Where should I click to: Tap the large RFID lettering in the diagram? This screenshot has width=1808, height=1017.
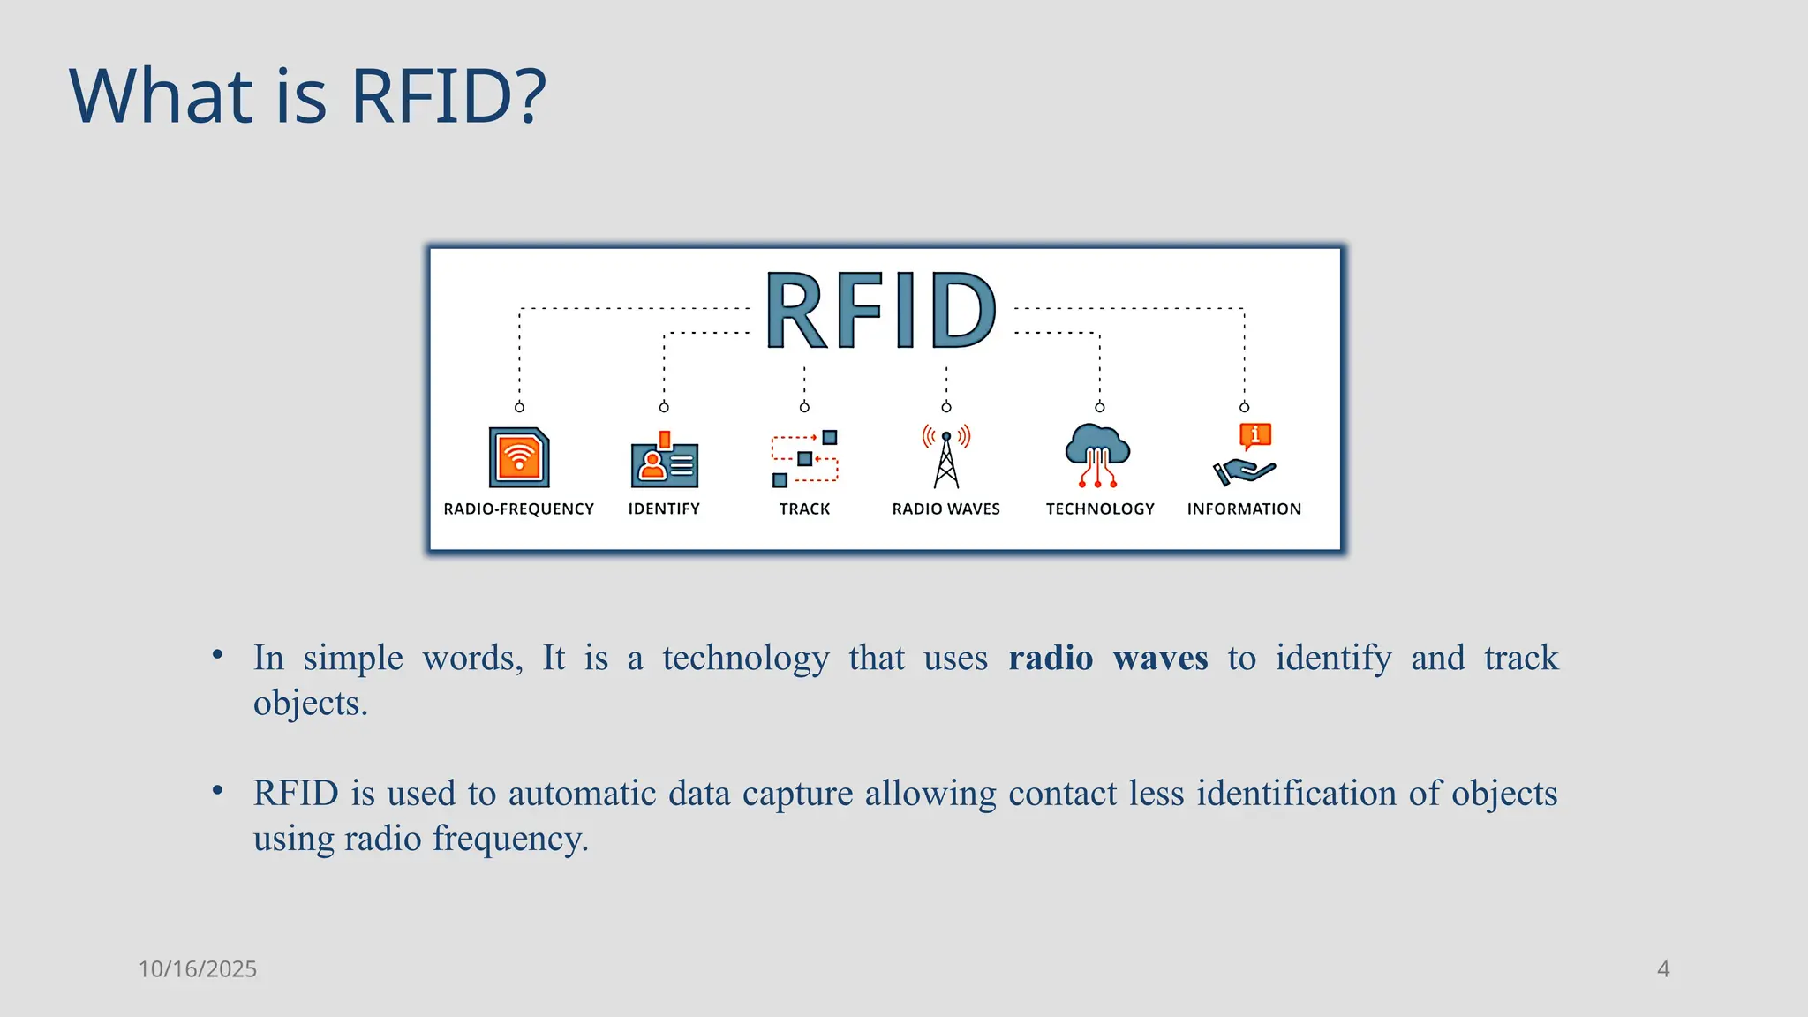tap(881, 311)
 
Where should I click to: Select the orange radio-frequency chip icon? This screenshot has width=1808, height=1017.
tap(519, 457)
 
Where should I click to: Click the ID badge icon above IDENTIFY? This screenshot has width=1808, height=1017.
tap(664, 461)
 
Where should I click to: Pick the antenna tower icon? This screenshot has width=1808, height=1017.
tap(946, 457)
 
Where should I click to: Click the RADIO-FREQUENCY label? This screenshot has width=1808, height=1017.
tap(518, 509)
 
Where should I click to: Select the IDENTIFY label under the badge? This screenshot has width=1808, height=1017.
tap(664, 509)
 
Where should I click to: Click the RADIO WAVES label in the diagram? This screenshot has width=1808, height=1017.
tap(945, 509)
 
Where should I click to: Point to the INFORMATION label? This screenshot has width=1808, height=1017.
tap(1244, 509)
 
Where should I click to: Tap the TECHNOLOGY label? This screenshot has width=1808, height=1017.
tap(1100, 509)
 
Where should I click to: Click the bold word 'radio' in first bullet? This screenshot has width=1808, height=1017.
tap(1051, 659)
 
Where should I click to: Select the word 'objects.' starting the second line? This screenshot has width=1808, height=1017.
tap(310, 704)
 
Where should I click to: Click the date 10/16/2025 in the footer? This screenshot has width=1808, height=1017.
tap(197, 969)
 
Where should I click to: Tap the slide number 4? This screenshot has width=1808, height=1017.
tap(1663, 969)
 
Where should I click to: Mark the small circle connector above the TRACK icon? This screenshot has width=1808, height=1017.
tap(804, 407)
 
